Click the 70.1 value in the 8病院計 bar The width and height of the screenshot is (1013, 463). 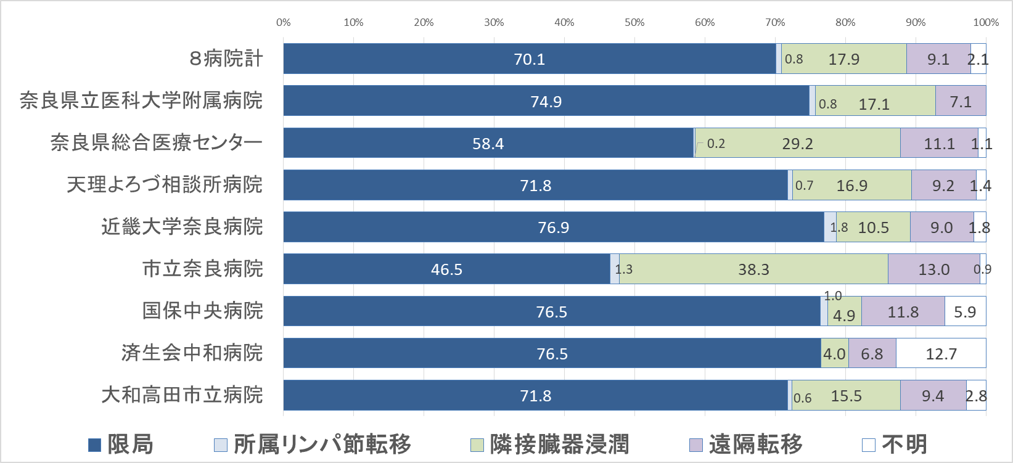pyautogui.click(x=529, y=59)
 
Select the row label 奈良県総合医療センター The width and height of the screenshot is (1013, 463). pyautogui.click(x=157, y=143)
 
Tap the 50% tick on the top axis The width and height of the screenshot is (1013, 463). pyautogui.click(x=634, y=23)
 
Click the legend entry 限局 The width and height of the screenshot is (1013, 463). pyautogui.click(x=121, y=445)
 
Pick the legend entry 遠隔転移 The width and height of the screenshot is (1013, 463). pyautogui.click(x=747, y=445)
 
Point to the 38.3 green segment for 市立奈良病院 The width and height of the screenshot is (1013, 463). pyautogui.click(x=753, y=269)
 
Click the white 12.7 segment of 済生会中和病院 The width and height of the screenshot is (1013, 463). pyautogui.click(x=941, y=354)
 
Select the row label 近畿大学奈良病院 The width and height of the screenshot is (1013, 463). pyautogui.click(x=182, y=227)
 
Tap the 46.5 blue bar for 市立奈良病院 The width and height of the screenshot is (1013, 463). pyautogui.click(x=446, y=269)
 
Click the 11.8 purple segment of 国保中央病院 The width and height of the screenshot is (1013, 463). pyautogui.click(x=903, y=312)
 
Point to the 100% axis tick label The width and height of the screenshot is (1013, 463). pyautogui.click(x=985, y=23)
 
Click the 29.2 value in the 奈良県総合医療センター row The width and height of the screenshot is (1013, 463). pyautogui.click(x=797, y=144)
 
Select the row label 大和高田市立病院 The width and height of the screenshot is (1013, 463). pyautogui.click(x=182, y=395)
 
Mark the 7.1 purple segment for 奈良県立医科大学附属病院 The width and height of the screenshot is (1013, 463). pyautogui.click(x=960, y=102)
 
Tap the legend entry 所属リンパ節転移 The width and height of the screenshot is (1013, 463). pyautogui.click(x=313, y=445)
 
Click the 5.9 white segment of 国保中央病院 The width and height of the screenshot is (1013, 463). pyautogui.click(x=965, y=312)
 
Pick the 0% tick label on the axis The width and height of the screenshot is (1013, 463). pyautogui.click(x=284, y=23)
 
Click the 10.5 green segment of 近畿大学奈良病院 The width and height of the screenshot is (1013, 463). pyautogui.click(x=873, y=227)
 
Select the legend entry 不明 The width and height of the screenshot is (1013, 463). pyautogui.click(x=895, y=445)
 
